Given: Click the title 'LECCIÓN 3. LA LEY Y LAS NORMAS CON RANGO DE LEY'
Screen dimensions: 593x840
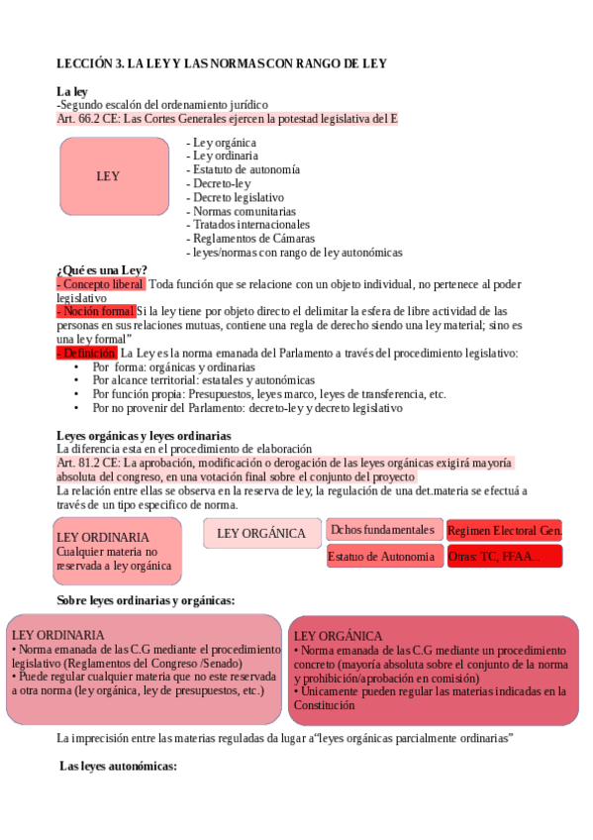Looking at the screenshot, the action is tap(221, 63).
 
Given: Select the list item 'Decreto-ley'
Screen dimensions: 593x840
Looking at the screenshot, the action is tap(222, 183).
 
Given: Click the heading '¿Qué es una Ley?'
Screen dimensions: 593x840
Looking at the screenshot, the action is tap(102, 270).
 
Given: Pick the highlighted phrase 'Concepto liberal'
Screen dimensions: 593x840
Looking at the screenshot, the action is tap(101, 284).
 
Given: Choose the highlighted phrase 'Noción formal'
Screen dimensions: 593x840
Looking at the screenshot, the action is tap(95, 311).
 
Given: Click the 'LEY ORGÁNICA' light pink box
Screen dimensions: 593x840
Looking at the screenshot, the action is tap(261, 533).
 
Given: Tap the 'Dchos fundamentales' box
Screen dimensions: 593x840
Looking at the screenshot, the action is tap(381, 530).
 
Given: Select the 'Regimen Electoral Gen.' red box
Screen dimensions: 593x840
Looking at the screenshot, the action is tap(504, 531).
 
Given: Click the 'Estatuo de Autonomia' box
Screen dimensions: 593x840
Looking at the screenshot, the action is tap(381, 557).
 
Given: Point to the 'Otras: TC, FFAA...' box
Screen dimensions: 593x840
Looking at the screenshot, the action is tap(504, 557).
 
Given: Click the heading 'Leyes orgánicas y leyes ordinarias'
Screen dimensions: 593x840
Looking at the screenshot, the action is tap(144, 435).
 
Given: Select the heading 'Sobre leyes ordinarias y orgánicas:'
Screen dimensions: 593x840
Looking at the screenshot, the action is tap(146, 600).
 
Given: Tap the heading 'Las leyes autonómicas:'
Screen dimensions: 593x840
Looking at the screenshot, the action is tap(118, 766).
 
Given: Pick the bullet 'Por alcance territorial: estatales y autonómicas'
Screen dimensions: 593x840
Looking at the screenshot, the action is tap(204, 379).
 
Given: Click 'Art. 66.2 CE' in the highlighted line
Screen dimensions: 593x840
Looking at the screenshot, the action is tap(88, 118).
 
